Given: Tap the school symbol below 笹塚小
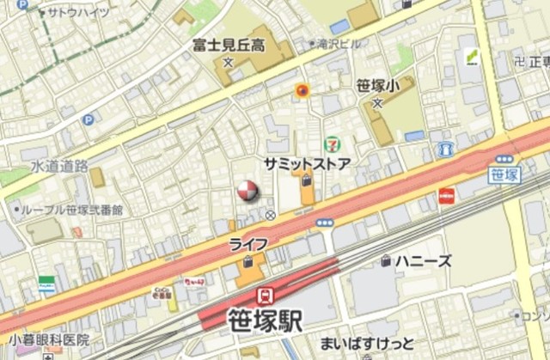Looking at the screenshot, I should click(377, 104).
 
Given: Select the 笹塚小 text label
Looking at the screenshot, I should click(377, 87).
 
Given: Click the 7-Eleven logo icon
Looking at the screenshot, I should click(332, 144).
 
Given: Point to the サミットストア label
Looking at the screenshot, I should click(307, 163).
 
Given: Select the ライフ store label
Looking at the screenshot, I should click(247, 245).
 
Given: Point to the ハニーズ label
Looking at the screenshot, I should click(424, 260).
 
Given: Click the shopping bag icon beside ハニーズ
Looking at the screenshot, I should click(387, 260).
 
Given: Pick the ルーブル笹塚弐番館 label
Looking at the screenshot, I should click(72, 210).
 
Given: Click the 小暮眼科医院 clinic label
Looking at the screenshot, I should click(45, 339).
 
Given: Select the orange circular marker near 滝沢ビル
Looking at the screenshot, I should click(301, 89).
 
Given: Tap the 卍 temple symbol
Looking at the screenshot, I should click(518, 62).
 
